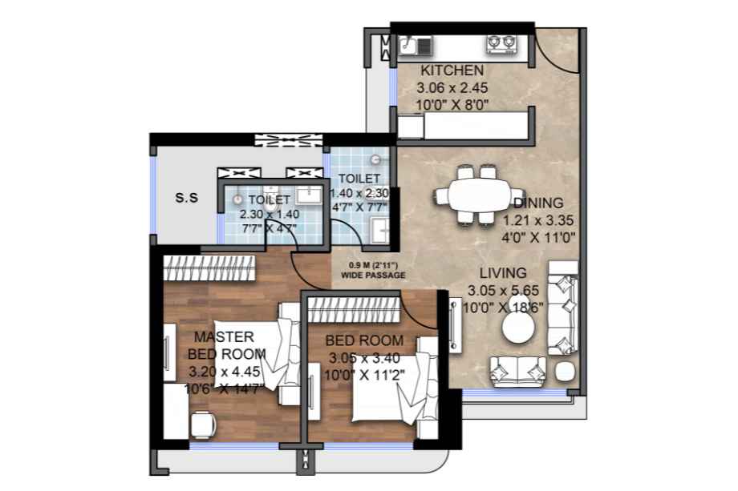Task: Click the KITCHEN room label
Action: coord(452,70)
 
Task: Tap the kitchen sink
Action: coord(416,46)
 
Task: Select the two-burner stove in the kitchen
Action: coord(501,43)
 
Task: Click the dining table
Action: coord(480,195)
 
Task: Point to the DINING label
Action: coord(538,203)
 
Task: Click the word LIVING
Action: coord(503,273)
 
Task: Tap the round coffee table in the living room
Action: coord(518,328)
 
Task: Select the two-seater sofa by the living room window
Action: coord(517,371)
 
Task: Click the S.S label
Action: coord(187,198)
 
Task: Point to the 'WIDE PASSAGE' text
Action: coord(373,275)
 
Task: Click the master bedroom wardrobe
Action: coord(209,268)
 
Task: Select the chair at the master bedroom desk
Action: coord(204,425)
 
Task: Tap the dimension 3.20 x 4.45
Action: coord(224,372)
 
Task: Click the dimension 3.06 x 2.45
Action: coord(452,88)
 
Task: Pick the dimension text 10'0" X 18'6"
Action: coord(503,308)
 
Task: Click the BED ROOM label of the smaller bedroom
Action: coord(364,340)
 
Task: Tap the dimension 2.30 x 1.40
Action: coord(270,214)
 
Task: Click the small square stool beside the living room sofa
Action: coord(566,372)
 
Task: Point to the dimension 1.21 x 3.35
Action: coord(538,220)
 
